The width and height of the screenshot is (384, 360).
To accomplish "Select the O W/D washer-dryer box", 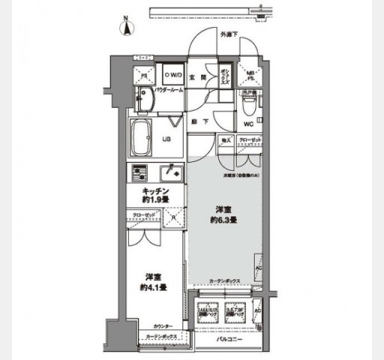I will point(172,74).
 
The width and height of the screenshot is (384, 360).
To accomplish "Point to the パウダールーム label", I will point(169,90).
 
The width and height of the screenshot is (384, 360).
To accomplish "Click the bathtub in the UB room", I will point(145,136).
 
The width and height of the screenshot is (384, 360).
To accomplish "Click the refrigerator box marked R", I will point(174,219).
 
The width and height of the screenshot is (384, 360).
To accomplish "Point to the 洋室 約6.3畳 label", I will point(223,215).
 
